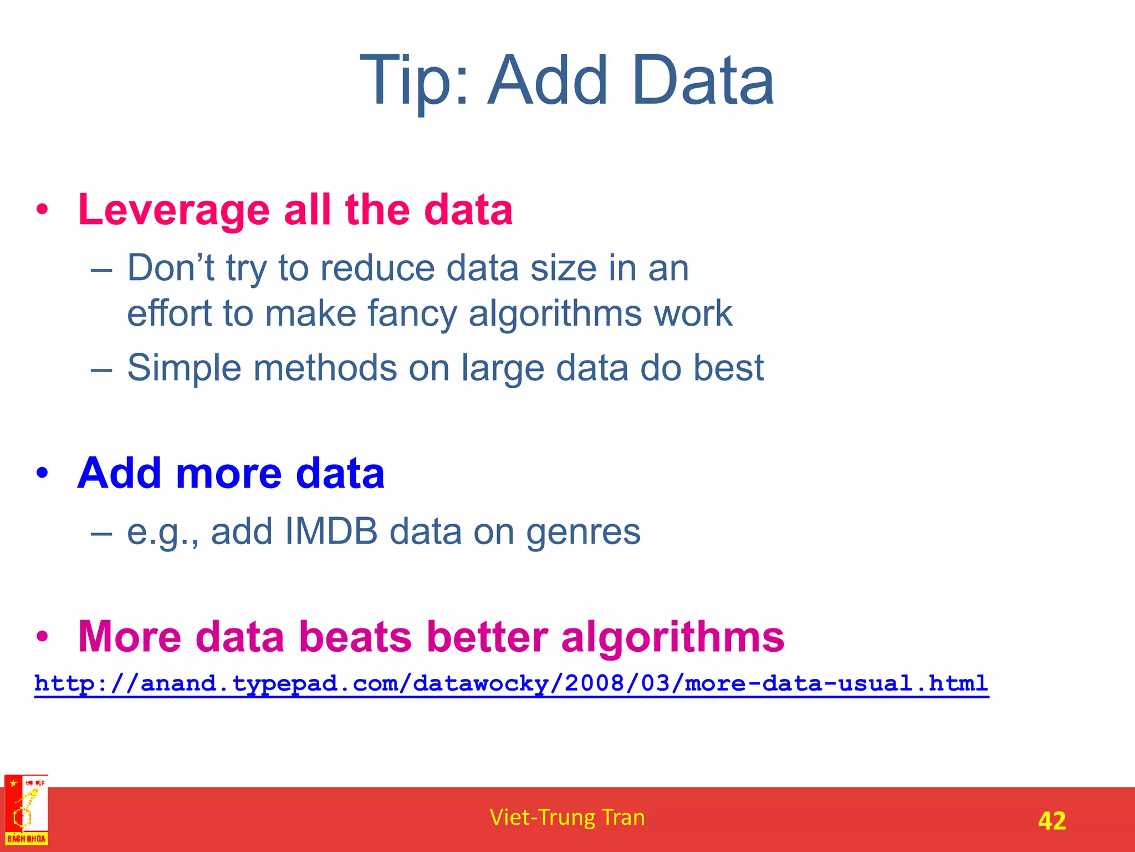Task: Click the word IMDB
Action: click(331, 531)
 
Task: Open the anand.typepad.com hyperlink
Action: click(511, 683)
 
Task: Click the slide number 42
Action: click(1051, 820)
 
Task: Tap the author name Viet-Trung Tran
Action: click(567, 817)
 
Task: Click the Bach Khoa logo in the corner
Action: click(26, 810)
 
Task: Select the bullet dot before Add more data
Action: click(42, 473)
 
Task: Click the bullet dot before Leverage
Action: click(42, 210)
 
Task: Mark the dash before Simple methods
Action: click(101, 369)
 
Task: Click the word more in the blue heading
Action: click(229, 473)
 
